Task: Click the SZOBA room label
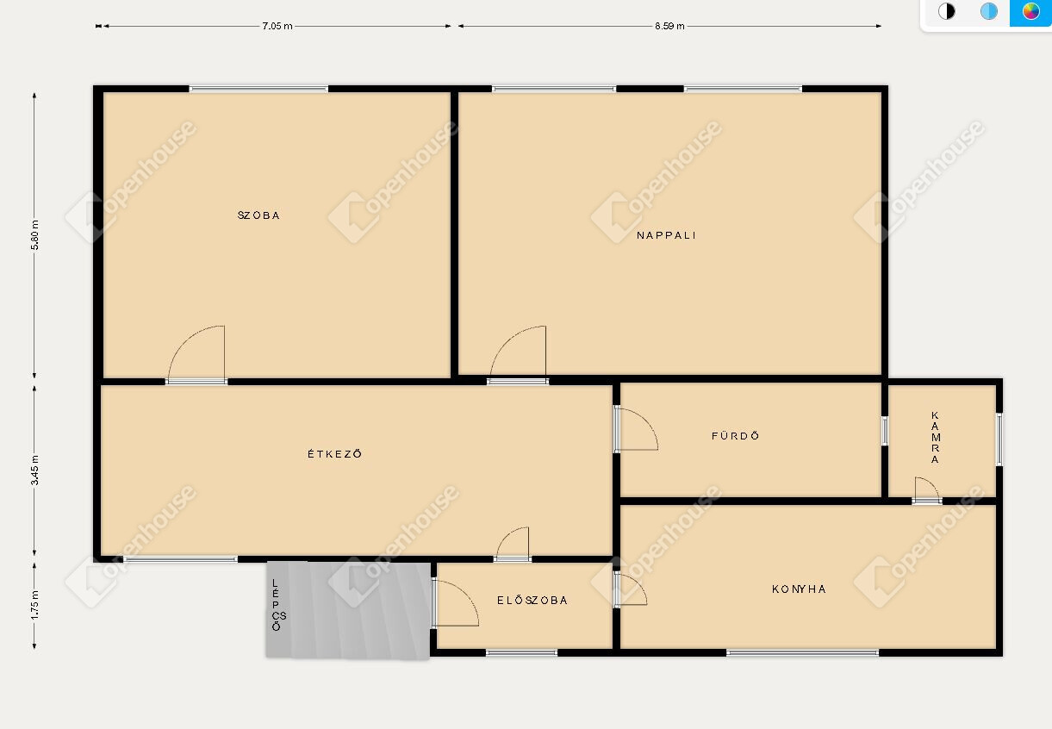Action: tap(258, 215)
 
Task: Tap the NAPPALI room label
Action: tap(666, 235)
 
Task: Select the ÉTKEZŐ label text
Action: tap(334, 453)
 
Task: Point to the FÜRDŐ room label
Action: tap(735, 435)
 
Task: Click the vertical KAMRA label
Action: tap(935, 437)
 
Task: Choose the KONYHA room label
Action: tap(799, 589)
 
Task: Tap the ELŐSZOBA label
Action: tap(532, 600)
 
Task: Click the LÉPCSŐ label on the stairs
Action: tap(277, 605)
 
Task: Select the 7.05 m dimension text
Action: tap(277, 27)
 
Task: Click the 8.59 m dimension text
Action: tap(669, 27)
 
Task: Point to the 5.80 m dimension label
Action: tap(34, 235)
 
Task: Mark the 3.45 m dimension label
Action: tap(34, 470)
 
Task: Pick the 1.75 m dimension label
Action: tap(34, 605)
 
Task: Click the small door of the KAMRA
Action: tap(927, 489)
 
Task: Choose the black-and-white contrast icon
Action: tap(946, 11)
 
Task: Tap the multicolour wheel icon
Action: tap(1030, 11)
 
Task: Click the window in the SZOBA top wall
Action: tap(258, 89)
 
